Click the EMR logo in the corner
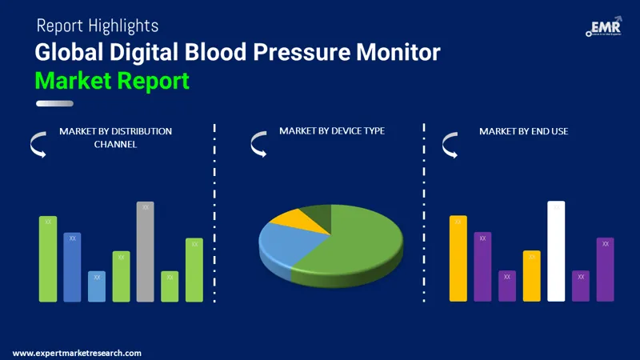(606, 29)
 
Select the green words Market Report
(112, 80)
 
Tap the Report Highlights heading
(98, 26)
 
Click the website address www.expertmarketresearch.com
(77, 353)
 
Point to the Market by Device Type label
(332, 130)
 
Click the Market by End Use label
(523, 130)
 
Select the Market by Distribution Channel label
(115, 137)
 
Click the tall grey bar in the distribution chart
(145, 252)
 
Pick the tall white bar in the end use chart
(556, 251)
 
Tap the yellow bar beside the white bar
(532, 276)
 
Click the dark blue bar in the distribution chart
(72, 267)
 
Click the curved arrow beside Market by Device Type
(258, 144)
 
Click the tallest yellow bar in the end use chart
(458, 258)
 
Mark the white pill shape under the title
(55, 103)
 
